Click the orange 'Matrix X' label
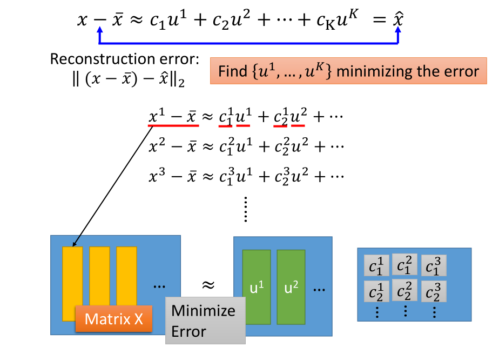pyautogui.click(x=113, y=318)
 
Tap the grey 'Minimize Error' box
pyautogui.click(x=204, y=320)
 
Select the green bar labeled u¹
pyautogui.click(x=256, y=287)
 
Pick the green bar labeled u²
pyautogui.click(x=291, y=287)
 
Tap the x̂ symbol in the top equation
pyautogui.click(x=398, y=20)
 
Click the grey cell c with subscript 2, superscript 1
pyautogui.click(x=377, y=292)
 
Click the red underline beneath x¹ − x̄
pyautogui.click(x=173, y=125)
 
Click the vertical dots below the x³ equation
pyautogui.click(x=246, y=210)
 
